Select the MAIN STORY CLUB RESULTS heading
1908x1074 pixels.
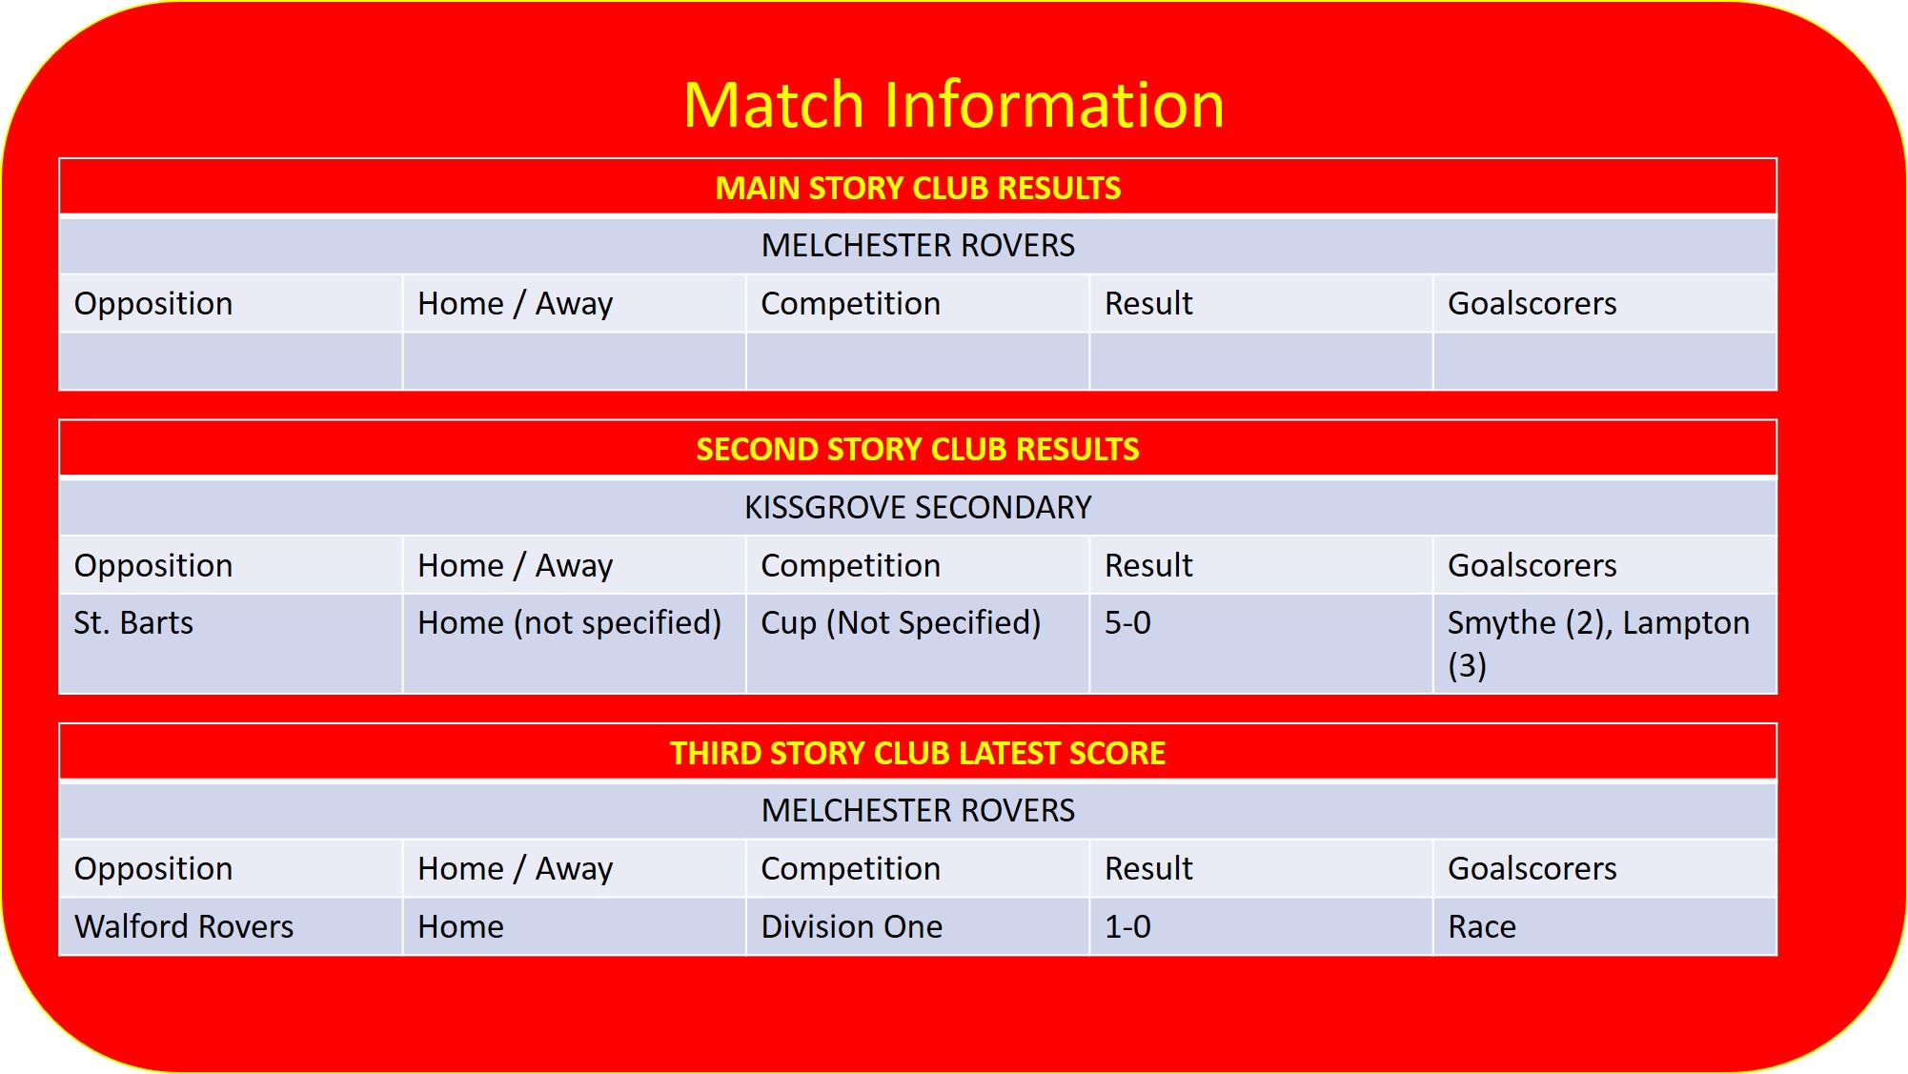pos(918,188)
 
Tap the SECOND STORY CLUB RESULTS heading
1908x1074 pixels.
pos(918,449)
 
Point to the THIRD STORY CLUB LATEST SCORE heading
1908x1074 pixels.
pos(918,753)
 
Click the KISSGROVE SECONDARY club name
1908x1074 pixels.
pos(918,507)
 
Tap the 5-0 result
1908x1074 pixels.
pos(1127,622)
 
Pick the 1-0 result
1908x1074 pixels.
pos(1127,926)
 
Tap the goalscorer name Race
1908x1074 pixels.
pos(1482,926)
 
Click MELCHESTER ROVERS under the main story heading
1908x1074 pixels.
pos(918,245)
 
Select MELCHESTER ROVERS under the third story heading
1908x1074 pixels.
pos(918,810)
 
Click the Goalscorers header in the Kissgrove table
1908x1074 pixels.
pos(1532,565)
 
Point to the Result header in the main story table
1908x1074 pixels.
pos(1148,303)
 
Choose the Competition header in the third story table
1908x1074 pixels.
pos(850,868)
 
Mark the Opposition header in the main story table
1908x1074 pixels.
pos(153,303)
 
